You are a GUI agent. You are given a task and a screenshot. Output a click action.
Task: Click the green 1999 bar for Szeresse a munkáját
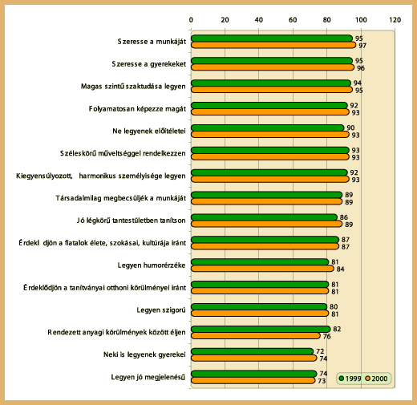(x=272, y=38)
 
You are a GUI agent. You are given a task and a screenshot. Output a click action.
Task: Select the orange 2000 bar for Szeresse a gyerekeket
(x=273, y=67)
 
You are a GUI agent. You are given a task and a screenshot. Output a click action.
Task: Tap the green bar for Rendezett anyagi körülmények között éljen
(x=261, y=329)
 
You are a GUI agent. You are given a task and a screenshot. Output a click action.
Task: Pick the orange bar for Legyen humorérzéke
(x=262, y=269)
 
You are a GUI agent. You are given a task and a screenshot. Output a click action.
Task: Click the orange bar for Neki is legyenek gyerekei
(x=254, y=358)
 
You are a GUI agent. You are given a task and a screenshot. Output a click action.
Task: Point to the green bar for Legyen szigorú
(x=259, y=306)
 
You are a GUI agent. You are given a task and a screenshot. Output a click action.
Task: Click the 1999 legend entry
(x=350, y=379)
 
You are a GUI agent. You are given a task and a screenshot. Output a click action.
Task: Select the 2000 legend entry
(x=376, y=379)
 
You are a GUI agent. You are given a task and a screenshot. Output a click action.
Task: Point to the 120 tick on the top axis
(x=395, y=20)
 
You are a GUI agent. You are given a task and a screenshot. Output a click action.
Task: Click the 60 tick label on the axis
(x=293, y=20)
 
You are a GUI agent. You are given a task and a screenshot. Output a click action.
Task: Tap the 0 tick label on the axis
(x=191, y=20)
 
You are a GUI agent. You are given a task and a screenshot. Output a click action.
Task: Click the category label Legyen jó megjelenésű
(x=148, y=377)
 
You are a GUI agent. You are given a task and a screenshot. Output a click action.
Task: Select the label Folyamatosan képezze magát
(x=137, y=109)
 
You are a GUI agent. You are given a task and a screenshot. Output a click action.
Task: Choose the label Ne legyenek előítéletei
(x=149, y=132)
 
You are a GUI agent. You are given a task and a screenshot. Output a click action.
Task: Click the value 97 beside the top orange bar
(x=362, y=46)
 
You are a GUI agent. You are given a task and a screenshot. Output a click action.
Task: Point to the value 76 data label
(x=326, y=336)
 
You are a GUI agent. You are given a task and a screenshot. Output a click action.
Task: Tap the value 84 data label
(x=340, y=269)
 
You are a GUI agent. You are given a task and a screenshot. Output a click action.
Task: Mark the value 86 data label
(x=344, y=217)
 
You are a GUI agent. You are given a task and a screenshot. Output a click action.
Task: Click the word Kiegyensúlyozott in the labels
(x=44, y=176)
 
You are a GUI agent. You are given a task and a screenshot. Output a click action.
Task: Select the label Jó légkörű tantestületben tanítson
(x=131, y=221)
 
